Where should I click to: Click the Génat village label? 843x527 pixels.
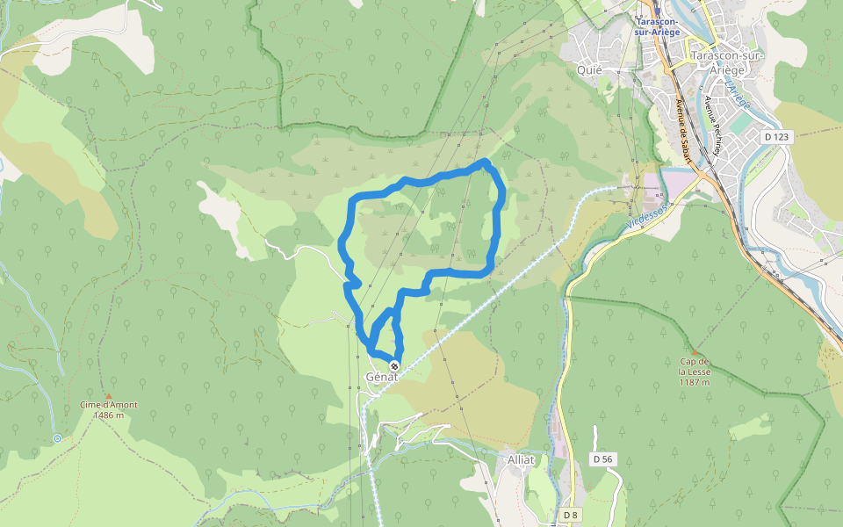click(x=381, y=377)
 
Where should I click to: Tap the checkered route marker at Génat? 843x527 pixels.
click(x=394, y=365)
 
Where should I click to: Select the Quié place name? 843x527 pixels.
click(x=588, y=69)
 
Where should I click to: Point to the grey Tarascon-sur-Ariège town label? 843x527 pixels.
click(x=729, y=62)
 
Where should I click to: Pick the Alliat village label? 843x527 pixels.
click(x=521, y=460)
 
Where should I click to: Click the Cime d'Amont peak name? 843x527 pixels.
click(x=109, y=405)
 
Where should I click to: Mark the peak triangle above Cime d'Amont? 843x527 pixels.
click(x=109, y=395)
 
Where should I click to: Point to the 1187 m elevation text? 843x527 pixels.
click(x=694, y=382)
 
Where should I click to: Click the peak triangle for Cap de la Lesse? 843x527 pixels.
click(x=694, y=350)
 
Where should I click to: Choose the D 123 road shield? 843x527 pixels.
click(x=776, y=136)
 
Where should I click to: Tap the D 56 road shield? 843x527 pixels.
click(x=602, y=458)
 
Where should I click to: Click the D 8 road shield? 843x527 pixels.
click(x=571, y=514)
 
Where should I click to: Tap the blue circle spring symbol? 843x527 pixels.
click(x=57, y=437)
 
